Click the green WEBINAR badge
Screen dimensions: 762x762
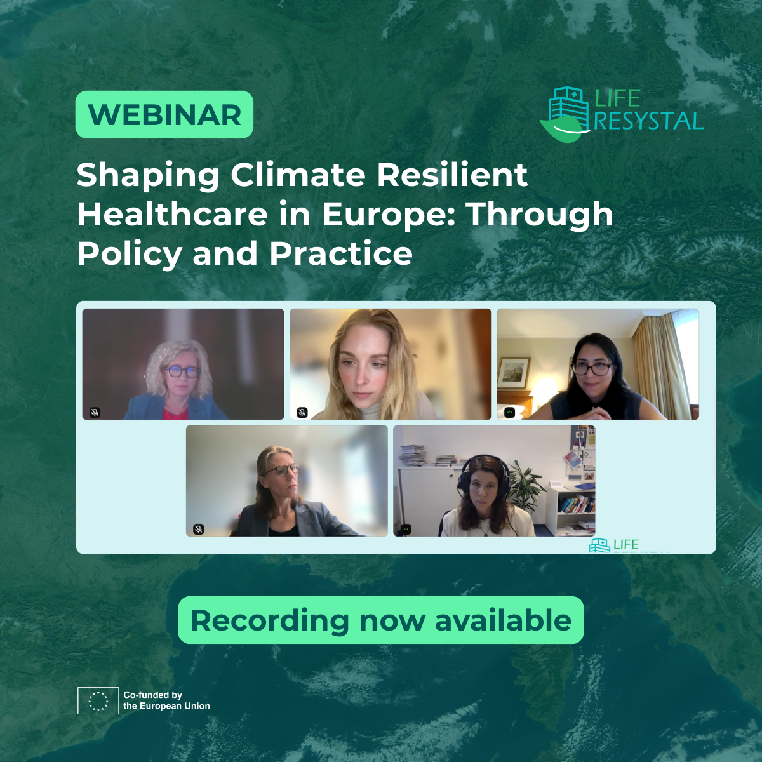pos(164,115)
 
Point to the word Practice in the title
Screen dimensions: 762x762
pos(341,253)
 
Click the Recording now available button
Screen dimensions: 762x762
pos(380,620)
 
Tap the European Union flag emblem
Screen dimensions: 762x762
pos(98,700)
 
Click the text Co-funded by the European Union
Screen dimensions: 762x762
pos(166,700)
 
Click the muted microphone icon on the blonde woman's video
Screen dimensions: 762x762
pos(302,412)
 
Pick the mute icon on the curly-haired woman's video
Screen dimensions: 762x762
pos(95,412)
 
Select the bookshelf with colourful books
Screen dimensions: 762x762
pos(577,505)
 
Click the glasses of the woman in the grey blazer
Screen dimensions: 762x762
pos(281,471)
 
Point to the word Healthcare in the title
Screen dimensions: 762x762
pos(172,214)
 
